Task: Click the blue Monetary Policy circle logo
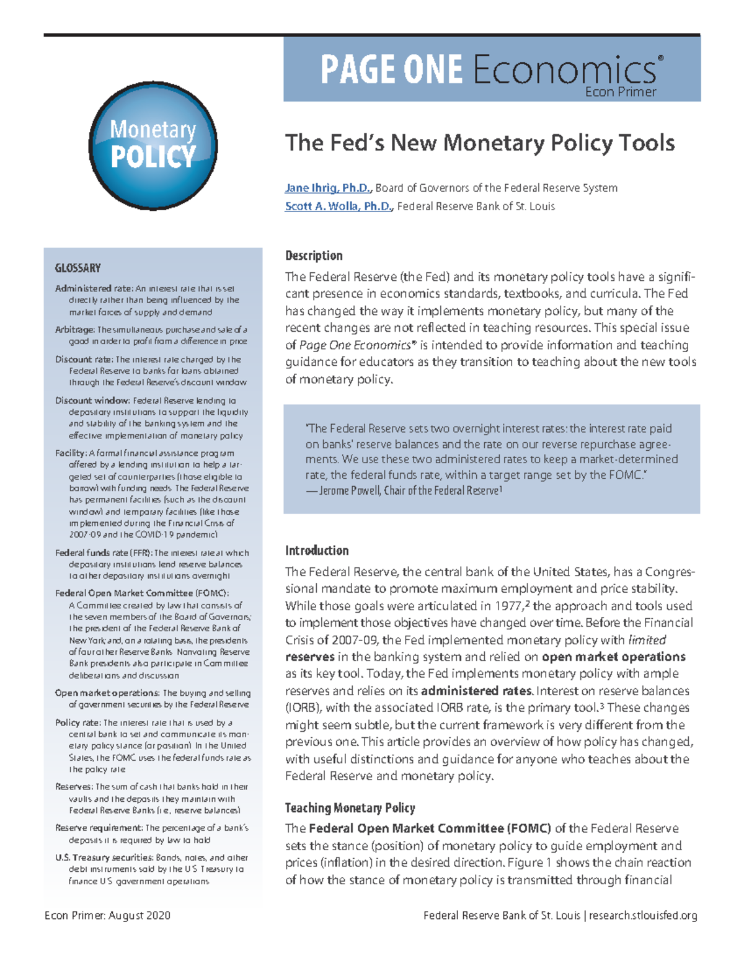[x=153, y=146]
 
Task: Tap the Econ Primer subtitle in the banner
[x=620, y=92]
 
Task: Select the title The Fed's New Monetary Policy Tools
[x=479, y=143]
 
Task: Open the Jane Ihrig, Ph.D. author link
[x=328, y=188]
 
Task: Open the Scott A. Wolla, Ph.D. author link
[x=339, y=206]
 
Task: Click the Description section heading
[x=314, y=255]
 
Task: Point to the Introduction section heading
[x=317, y=551]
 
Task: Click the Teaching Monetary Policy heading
[x=350, y=808]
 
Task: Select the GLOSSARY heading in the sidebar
[x=77, y=268]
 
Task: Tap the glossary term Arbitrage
[x=74, y=330]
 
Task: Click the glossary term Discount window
[x=92, y=401]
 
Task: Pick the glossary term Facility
[x=70, y=453]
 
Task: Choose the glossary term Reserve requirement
[x=99, y=828]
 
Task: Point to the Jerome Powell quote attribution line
[x=404, y=490]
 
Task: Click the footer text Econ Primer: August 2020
[x=107, y=915]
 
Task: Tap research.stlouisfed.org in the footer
[x=643, y=915]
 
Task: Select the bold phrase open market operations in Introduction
[x=613, y=657]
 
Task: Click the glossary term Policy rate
[x=77, y=722]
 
